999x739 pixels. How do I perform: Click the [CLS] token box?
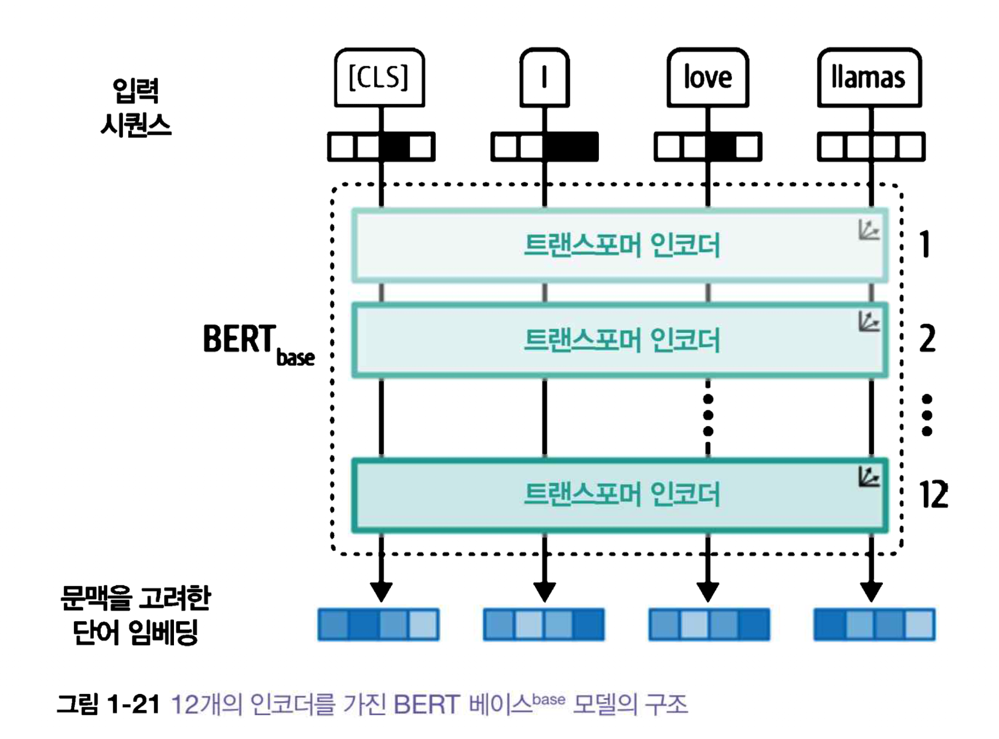pyautogui.click(x=379, y=78)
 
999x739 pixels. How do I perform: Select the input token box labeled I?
pyautogui.click(x=544, y=78)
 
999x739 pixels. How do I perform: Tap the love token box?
pyautogui.click(x=708, y=78)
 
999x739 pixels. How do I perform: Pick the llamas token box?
pyautogui.click(x=869, y=78)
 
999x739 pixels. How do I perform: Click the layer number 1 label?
pyautogui.click(x=926, y=245)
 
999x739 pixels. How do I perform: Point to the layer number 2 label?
pyautogui.click(x=927, y=339)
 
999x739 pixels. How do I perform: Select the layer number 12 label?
pyautogui.click(x=933, y=495)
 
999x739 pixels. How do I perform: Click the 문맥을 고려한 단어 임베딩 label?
pyautogui.click(x=136, y=614)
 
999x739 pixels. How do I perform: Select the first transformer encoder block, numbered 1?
pyautogui.click(x=620, y=245)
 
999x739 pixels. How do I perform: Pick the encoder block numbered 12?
pyautogui.click(x=620, y=495)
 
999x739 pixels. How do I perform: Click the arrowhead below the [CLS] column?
pyautogui.click(x=381, y=592)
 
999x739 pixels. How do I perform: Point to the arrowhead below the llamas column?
pyautogui.click(x=871, y=592)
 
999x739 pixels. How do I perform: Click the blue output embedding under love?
pyautogui.click(x=709, y=624)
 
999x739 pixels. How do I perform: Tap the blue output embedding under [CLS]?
pyautogui.click(x=379, y=624)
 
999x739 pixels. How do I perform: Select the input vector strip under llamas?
pyautogui.click(x=871, y=147)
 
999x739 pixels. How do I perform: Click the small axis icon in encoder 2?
pyautogui.click(x=868, y=322)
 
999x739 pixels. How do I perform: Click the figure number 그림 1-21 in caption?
pyautogui.click(x=108, y=704)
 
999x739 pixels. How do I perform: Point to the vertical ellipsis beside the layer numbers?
pyautogui.click(x=927, y=415)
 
